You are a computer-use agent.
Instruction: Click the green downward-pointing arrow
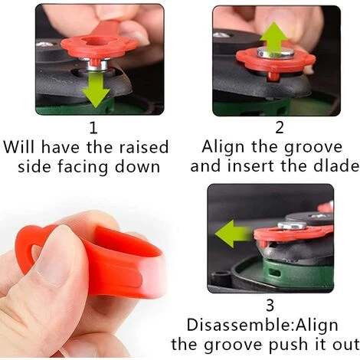(x=96, y=90)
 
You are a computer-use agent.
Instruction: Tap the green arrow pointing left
(x=233, y=234)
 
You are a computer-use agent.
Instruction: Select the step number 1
(x=93, y=128)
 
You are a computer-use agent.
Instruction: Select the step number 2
(x=280, y=128)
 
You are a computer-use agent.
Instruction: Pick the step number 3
(x=270, y=306)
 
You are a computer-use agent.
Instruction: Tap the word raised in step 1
(x=144, y=147)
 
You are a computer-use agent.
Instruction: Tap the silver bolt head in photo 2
(x=275, y=52)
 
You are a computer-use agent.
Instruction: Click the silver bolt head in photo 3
(x=292, y=225)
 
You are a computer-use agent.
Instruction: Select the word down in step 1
(x=137, y=166)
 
